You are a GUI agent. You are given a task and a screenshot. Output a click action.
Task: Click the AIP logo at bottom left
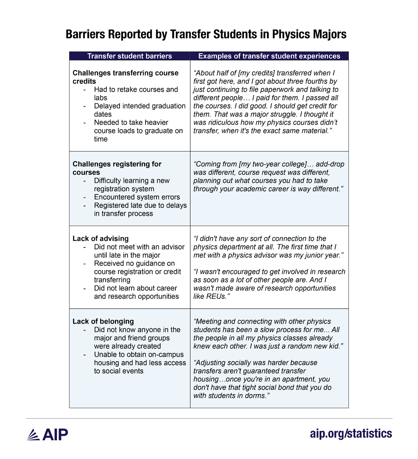[x=47, y=434]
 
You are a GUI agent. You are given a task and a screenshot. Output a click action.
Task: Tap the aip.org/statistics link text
[x=351, y=434]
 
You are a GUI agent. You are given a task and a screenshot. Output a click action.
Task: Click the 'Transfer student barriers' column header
[x=129, y=56]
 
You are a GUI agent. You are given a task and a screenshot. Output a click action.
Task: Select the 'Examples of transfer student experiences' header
[x=269, y=56]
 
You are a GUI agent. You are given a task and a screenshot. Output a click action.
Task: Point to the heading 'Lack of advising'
[x=101, y=238]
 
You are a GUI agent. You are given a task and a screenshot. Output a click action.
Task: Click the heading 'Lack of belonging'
[x=103, y=321]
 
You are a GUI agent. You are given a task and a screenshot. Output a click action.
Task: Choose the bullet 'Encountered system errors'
[x=137, y=197]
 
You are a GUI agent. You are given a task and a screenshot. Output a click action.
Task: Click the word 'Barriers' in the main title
[x=85, y=35]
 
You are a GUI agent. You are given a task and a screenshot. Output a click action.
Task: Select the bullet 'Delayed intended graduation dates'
[x=139, y=110]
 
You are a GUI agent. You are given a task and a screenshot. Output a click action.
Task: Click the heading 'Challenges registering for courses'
[x=117, y=168]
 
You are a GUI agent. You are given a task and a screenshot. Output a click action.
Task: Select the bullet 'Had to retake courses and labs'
[x=136, y=93]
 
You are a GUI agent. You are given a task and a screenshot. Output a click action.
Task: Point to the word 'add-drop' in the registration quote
[x=330, y=164]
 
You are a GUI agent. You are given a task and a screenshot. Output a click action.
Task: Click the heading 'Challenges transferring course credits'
[x=125, y=77]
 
